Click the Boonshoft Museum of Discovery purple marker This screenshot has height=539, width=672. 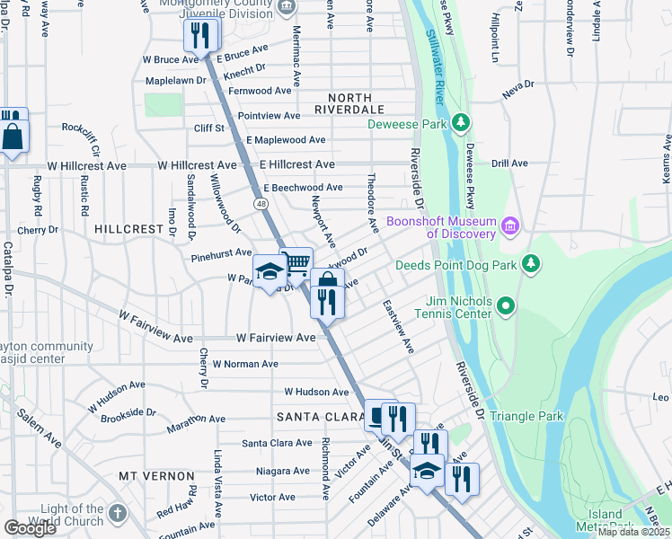[x=510, y=224]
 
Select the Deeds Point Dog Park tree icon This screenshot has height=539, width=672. [x=532, y=264]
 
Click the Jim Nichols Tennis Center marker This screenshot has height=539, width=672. [x=505, y=306]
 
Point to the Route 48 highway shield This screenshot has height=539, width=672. [x=261, y=205]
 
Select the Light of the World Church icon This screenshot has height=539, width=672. [x=116, y=515]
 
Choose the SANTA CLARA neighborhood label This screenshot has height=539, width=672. [x=317, y=417]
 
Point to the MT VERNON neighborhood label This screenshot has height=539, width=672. [x=157, y=475]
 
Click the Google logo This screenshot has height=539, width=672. [x=30, y=527]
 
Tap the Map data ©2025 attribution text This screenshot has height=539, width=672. [x=633, y=532]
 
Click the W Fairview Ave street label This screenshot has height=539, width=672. [x=276, y=338]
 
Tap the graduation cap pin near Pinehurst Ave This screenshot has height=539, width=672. [x=269, y=272]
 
